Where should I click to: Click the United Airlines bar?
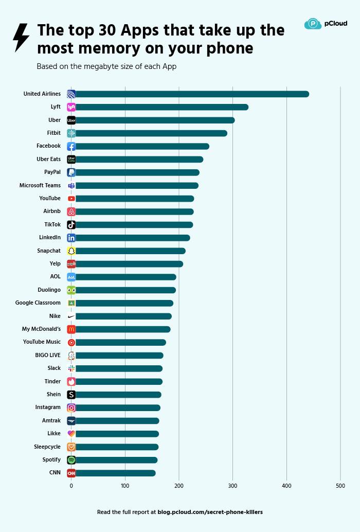tap(190, 94)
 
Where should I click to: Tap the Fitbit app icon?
tap(71, 133)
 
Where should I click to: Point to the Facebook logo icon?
tap(71, 147)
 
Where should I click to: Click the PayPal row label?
tap(52, 172)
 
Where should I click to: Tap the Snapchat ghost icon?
tap(71, 251)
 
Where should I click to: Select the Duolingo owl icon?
tap(71, 290)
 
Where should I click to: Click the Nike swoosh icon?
tap(71, 316)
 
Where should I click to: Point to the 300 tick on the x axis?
tap(233, 485)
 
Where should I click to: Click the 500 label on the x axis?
tap(340, 485)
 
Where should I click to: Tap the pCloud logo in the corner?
tap(326, 24)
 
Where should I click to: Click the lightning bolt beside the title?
tap(21, 38)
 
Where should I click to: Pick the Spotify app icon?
tap(71, 460)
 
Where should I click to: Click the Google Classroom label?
tap(38, 303)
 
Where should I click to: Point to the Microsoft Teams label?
tap(40, 185)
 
